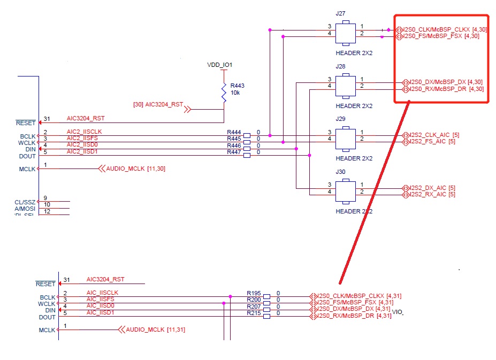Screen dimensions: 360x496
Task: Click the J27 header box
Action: coord(346,33)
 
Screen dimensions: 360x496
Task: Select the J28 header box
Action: coord(346,86)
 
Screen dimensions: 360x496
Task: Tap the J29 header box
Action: coord(346,138)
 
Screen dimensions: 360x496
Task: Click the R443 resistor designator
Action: coord(237,86)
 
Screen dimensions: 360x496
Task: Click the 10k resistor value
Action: coord(235,93)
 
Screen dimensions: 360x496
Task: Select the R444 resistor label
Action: coord(234,132)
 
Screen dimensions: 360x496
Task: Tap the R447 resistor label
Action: coord(234,152)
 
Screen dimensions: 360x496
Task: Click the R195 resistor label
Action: coord(254,293)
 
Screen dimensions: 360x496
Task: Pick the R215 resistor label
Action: coord(254,313)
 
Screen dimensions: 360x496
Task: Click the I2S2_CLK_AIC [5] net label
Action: coord(432,134)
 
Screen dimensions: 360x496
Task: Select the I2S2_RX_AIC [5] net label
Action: coord(432,195)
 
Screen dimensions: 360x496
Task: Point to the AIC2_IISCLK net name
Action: coord(85,132)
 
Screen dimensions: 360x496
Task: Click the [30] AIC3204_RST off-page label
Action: coord(157,104)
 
